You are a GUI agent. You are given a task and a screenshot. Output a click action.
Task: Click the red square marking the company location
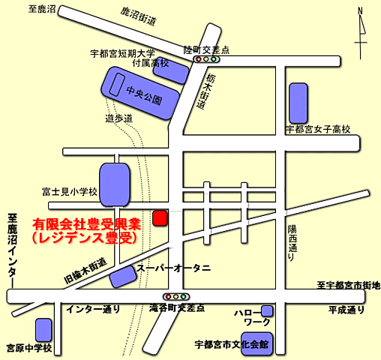159,218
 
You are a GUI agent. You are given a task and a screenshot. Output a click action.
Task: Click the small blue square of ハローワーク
267,310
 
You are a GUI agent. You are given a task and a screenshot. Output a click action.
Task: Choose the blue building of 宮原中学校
43,328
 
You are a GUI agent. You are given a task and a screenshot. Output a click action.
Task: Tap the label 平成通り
346,310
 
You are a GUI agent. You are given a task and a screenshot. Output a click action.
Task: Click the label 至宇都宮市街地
348,285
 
